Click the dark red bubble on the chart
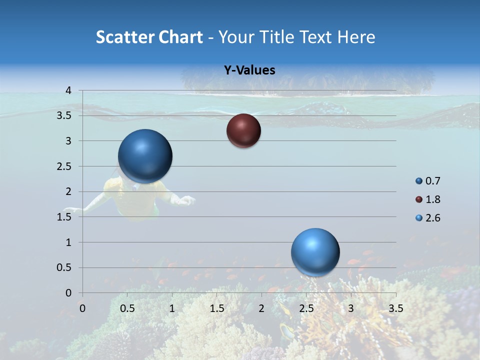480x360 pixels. pos(243,131)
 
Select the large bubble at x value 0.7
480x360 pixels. pos(145,156)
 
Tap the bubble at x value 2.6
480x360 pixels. pos(315,252)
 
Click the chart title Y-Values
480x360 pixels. pos(249,70)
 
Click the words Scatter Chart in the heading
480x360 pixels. pos(149,37)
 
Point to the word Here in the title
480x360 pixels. pos(356,37)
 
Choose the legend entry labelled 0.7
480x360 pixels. pos(428,181)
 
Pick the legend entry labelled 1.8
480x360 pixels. pos(428,199)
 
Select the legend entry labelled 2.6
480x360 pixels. pos(428,218)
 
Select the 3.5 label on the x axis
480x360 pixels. pos(395,308)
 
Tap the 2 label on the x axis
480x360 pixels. pos(261,308)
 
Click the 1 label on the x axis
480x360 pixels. pos(172,308)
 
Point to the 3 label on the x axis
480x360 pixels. pos(350,308)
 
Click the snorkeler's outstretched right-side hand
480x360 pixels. pos(186,200)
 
